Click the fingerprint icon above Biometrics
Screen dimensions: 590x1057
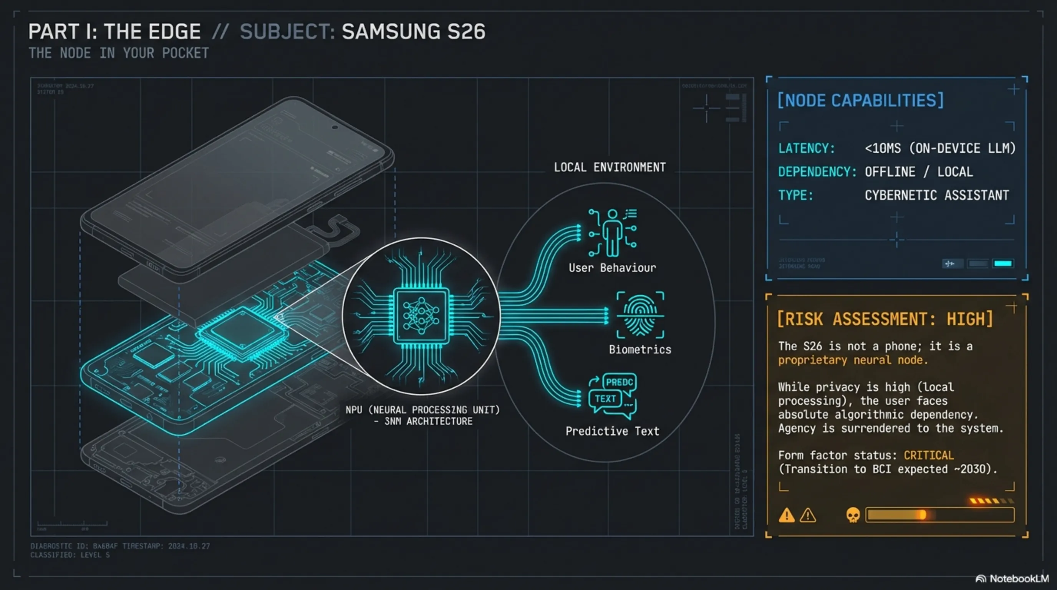pos(640,315)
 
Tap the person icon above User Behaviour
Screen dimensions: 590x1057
pos(612,233)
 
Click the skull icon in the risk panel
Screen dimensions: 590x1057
pos(853,515)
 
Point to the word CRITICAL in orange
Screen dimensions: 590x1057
pos(929,456)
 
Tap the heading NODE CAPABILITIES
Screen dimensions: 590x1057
pos(860,101)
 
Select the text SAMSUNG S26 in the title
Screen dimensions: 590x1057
pos(413,32)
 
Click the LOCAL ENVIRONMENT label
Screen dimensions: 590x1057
pos(610,167)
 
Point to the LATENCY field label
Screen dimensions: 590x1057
pos(806,148)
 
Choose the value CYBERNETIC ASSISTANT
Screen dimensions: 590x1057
pos(936,195)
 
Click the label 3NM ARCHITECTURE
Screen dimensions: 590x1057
pos(428,421)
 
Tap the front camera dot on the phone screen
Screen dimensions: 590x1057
pos(335,128)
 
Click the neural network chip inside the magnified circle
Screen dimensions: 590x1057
pos(421,316)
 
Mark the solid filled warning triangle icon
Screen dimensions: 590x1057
pos(786,515)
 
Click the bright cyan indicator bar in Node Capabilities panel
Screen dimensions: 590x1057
pos(1002,264)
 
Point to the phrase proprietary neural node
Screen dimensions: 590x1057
pos(853,360)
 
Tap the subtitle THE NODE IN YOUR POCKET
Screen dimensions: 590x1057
pos(119,53)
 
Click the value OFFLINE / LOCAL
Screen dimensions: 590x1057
pos(918,172)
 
